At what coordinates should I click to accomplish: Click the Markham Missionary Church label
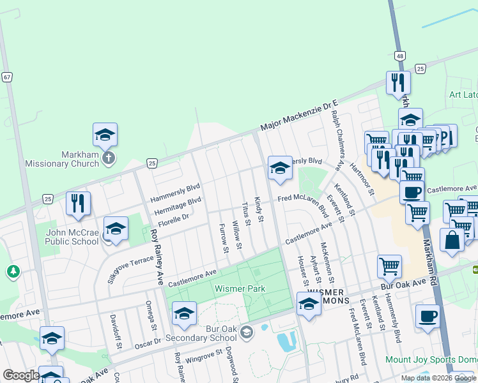62,159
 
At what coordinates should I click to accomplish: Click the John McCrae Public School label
72,237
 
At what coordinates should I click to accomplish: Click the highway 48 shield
399,56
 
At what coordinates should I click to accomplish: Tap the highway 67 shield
7,77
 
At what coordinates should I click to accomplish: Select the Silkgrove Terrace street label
131,266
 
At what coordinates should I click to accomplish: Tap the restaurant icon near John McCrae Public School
78,202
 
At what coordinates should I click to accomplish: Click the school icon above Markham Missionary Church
105,134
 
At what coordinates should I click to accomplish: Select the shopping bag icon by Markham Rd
452,240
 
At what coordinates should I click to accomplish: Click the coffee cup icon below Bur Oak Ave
427,315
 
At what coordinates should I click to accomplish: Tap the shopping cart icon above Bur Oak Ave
389,266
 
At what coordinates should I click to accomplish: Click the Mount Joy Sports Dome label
431,359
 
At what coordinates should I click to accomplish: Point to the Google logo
20,375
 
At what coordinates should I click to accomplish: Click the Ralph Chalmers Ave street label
337,133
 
